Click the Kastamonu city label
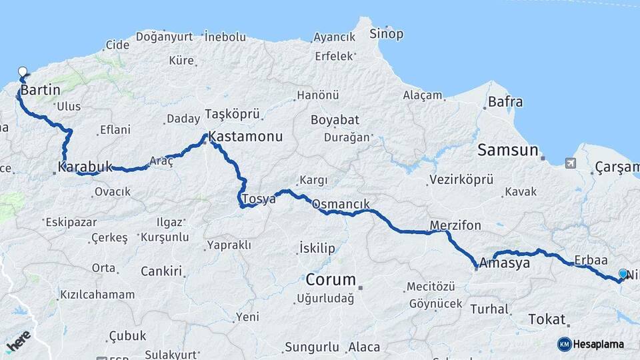245,137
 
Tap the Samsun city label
507,151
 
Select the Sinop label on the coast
386,33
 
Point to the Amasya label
505,263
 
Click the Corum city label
331,279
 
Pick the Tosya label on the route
259,199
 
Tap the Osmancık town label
340,203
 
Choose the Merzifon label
455,225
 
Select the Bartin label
41,89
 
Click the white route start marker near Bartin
23,72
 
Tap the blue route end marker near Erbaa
623,274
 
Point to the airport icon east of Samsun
571,163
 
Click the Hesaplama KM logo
591,344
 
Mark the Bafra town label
505,102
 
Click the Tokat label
547,319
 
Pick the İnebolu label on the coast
225,37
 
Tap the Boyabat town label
335,120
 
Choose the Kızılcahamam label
97,294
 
